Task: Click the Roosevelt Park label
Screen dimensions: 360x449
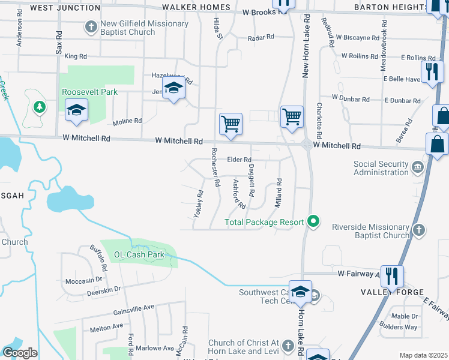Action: [x=89, y=92]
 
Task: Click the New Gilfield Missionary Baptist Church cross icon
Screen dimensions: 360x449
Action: [x=91, y=27]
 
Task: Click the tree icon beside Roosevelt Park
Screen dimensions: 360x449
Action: [x=40, y=107]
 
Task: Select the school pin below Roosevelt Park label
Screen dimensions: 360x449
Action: [x=77, y=110]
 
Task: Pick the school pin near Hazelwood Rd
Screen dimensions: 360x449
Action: [x=173, y=89]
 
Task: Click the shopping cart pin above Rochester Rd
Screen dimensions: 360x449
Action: [x=231, y=125]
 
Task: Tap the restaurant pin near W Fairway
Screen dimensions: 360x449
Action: [x=392, y=277]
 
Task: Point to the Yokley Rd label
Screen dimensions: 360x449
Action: [x=199, y=204]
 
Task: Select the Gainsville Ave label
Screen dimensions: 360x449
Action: [x=134, y=309]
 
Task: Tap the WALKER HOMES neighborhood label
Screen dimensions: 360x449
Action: [x=196, y=8]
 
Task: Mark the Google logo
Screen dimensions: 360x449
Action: [x=20, y=353]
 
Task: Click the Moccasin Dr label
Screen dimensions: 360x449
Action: [x=83, y=280]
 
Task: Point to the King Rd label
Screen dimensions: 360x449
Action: [x=76, y=56]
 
